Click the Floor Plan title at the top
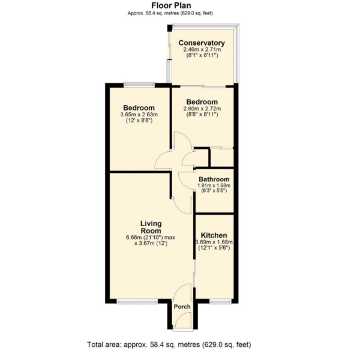pos(171,5)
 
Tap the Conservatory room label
pos(202,43)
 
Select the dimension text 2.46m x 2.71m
pos(202,50)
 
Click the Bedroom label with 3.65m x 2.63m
pos(139,107)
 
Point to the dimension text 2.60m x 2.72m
pos(202,109)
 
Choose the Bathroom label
pos(214,179)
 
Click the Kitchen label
pos(214,235)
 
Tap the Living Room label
pos(151,227)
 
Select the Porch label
pos(182,307)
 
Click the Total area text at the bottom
pos(169,344)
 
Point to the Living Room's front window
pos(137,301)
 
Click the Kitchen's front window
pos(220,301)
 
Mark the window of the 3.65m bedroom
pos(139,85)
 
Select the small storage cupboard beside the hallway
pos(222,157)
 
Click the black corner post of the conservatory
pos(169,28)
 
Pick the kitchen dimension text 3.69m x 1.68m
pos(214,242)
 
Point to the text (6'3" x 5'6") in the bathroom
pos(214,191)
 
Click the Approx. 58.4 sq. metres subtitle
pos(170,13)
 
